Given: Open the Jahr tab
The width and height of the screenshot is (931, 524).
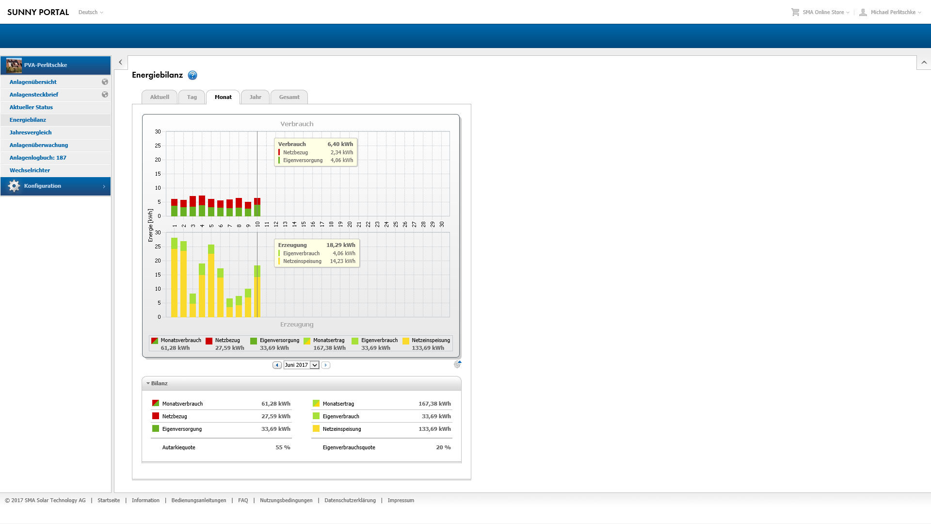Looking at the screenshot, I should (255, 97).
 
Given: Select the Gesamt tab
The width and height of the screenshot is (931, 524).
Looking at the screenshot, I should (289, 97).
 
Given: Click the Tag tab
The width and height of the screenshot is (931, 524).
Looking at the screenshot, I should (192, 97).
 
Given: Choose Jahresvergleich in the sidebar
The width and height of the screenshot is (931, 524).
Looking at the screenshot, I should (31, 132).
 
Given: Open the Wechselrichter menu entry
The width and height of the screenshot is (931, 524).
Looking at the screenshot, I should (30, 170).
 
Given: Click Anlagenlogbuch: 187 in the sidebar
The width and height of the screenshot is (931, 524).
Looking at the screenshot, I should (38, 158).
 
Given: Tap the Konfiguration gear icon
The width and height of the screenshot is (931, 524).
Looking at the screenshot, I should (14, 186).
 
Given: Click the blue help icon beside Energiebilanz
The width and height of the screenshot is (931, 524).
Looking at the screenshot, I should (193, 75).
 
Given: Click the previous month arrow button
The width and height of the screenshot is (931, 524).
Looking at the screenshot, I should (277, 365).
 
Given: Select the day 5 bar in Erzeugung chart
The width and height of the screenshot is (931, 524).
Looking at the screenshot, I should (211, 281).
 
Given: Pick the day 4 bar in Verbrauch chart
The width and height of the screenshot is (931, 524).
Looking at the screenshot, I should (202, 206).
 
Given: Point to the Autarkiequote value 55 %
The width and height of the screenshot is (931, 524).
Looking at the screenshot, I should (283, 447).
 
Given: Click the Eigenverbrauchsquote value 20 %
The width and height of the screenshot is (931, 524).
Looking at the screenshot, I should (443, 447).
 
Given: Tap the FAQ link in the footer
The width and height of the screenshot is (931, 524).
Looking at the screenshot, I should (243, 500).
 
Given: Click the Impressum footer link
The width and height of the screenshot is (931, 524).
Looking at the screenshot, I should (401, 500).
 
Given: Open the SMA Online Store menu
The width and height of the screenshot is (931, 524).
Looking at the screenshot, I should (822, 12).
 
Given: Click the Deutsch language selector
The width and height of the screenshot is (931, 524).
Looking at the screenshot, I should (91, 12).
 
